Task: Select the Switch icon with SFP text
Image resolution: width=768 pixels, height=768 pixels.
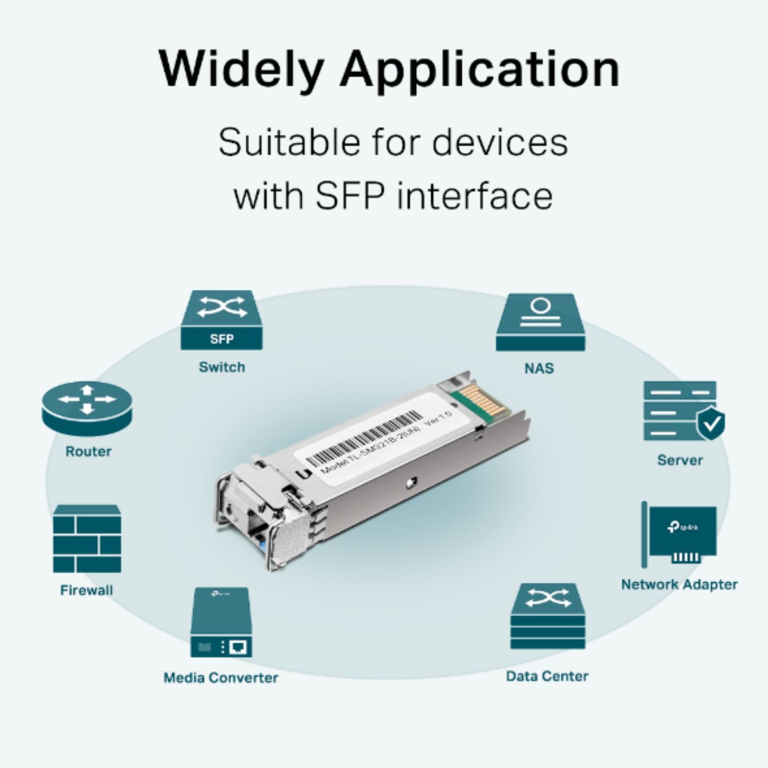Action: (x=222, y=321)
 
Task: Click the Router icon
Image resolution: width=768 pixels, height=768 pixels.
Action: (x=87, y=409)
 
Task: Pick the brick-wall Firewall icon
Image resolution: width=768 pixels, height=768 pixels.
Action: (x=87, y=539)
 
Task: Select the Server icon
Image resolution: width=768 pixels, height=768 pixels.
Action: (x=680, y=411)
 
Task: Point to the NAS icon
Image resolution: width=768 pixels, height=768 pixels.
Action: (x=540, y=323)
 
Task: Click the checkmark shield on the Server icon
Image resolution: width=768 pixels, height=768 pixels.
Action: (x=711, y=424)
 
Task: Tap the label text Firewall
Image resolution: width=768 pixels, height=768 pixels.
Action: (x=87, y=590)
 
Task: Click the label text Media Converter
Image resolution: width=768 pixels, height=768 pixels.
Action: (x=221, y=678)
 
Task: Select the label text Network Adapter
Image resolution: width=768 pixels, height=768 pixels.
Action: (x=679, y=585)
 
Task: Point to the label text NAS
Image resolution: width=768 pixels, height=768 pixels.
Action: (x=539, y=369)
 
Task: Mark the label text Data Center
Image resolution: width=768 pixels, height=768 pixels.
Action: (x=547, y=676)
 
